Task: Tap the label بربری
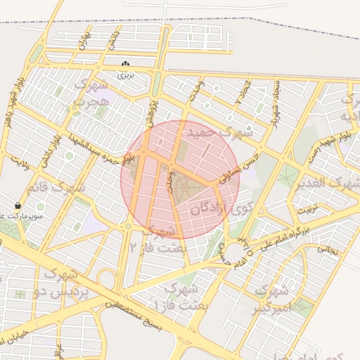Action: point(124,73)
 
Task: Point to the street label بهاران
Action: point(82,40)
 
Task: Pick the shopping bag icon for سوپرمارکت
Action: point(18,205)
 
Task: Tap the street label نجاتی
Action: point(328,248)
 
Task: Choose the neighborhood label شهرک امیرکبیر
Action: point(271,298)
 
